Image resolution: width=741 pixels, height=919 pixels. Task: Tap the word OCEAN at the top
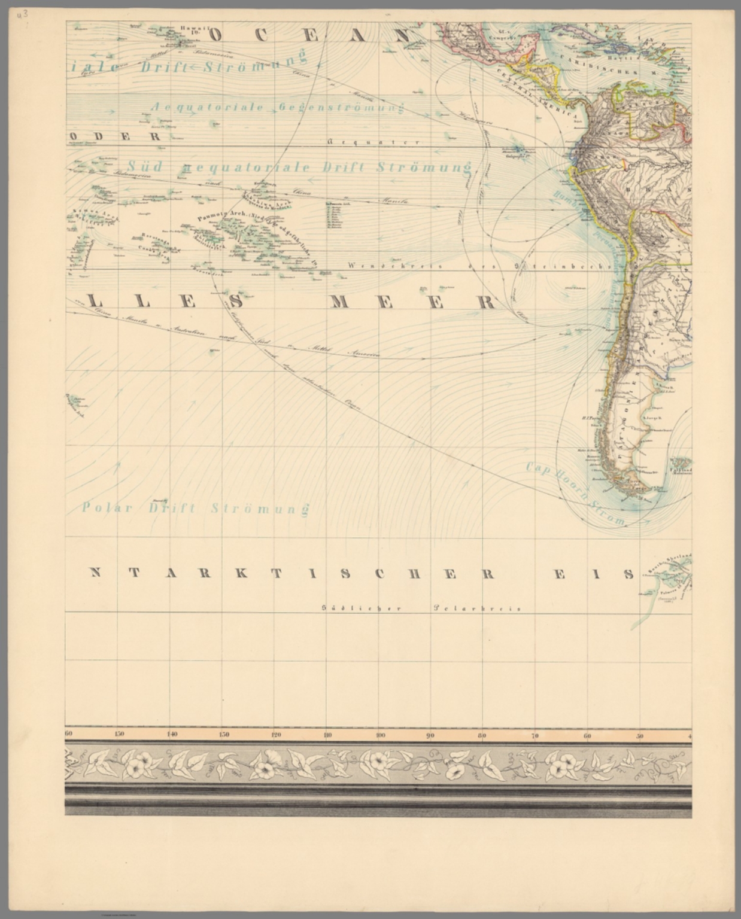(x=311, y=35)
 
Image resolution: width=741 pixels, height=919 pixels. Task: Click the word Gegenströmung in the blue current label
(x=342, y=108)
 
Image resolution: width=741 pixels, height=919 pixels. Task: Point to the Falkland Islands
(x=680, y=464)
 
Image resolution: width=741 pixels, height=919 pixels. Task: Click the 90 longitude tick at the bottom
(x=430, y=735)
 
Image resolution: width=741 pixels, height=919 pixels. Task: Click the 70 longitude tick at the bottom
(x=535, y=735)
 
